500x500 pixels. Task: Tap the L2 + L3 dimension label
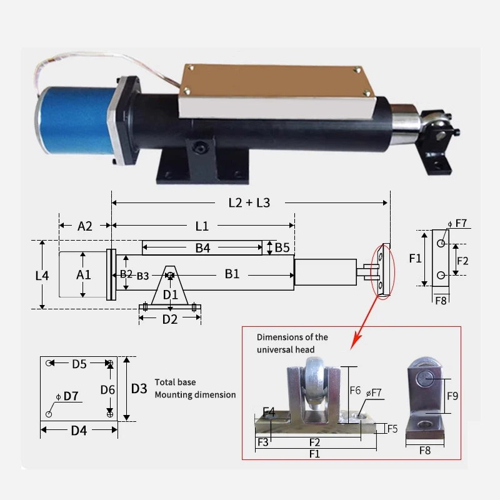coord(249,202)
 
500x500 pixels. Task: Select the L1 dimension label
coord(202,226)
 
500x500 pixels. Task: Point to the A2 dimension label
coord(85,226)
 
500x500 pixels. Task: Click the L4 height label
coord(42,276)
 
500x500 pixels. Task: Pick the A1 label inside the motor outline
coord(84,274)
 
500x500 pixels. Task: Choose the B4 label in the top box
coord(202,247)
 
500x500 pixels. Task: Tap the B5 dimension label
coord(282,247)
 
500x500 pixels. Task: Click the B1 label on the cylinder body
coord(232,274)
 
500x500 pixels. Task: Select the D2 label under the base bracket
coord(170,319)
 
